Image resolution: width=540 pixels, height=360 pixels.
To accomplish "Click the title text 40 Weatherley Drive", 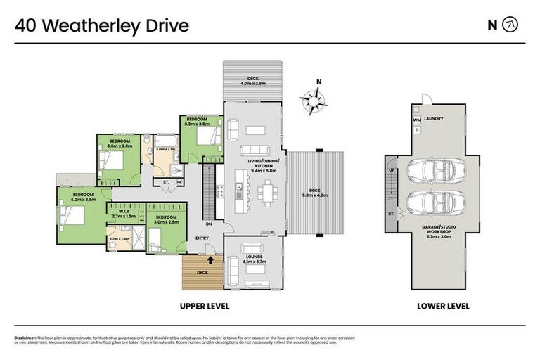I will click(x=102, y=26).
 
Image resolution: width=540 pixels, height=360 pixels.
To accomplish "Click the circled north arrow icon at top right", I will click(x=511, y=25).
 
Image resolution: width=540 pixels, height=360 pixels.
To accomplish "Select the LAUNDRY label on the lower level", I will click(x=433, y=119).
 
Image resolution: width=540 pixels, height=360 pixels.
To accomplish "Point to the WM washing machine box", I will click(x=417, y=120).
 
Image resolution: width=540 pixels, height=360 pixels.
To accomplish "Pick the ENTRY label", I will click(x=202, y=238).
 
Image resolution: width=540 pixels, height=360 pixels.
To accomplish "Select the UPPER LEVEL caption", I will click(x=205, y=307).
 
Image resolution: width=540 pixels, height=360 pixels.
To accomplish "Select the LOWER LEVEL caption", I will click(x=444, y=307).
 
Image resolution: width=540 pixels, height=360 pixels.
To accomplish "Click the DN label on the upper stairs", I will click(x=209, y=224).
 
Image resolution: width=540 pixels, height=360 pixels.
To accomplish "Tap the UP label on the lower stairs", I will click(x=392, y=170).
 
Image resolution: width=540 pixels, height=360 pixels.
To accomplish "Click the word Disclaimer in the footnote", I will click(x=25, y=338).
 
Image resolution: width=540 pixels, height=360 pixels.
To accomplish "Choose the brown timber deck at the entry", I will click(x=202, y=273).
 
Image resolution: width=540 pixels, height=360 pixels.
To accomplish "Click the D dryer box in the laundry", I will click(x=416, y=130).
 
